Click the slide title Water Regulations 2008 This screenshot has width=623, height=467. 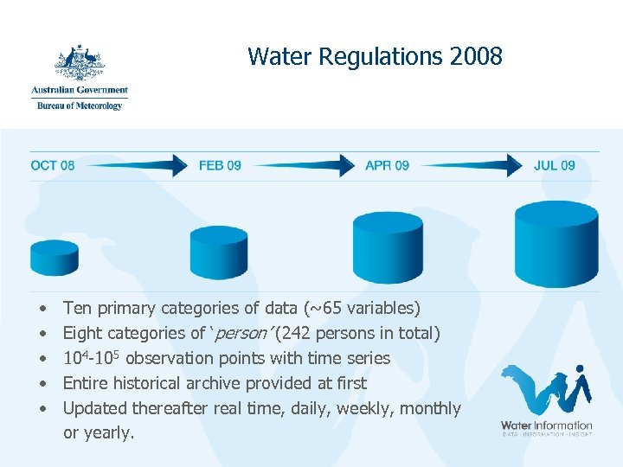pos(375,57)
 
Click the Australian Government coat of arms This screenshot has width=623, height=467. pos(80,61)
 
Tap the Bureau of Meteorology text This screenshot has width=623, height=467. pos(80,106)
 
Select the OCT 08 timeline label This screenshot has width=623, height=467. pos(53,165)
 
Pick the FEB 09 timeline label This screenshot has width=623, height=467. pos(220,165)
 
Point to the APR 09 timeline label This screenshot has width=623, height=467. pos(387,165)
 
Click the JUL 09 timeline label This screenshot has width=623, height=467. pos(555,165)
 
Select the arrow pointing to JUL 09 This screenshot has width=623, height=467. pos(472,164)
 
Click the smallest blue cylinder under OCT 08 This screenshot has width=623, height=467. pos(55,257)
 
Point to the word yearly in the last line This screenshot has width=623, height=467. pos(106,433)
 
